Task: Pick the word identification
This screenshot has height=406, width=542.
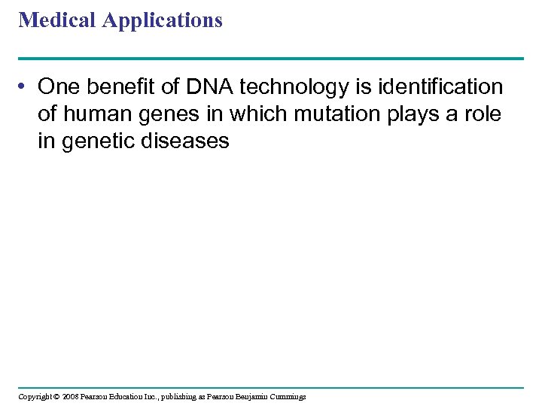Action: (x=440, y=87)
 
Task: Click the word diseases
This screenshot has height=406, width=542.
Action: (x=187, y=141)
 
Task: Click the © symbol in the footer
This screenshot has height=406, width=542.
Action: (x=56, y=396)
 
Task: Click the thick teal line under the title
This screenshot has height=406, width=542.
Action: (x=271, y=58)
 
